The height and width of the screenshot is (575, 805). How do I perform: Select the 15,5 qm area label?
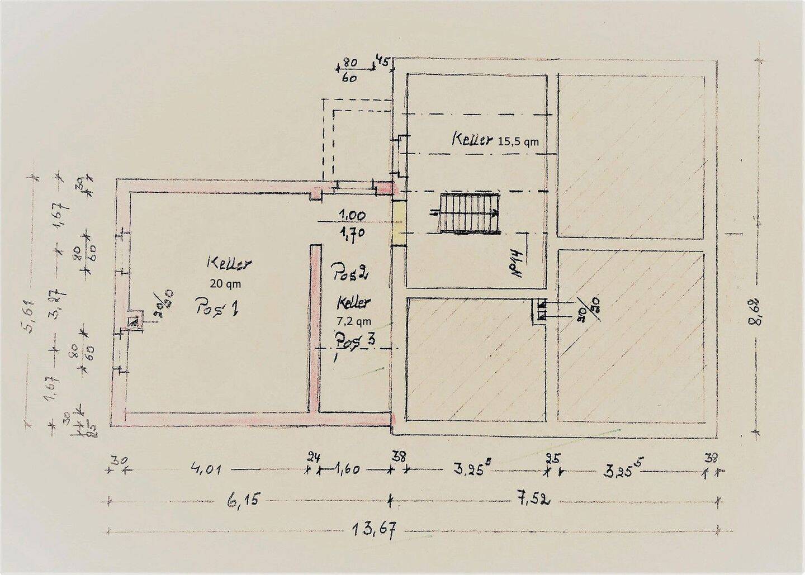pos(518,141)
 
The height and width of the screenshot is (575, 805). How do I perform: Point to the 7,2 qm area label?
pos(353,321)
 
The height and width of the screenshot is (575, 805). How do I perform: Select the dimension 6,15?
pos(244,498)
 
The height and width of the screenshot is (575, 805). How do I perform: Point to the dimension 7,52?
pos(531,498)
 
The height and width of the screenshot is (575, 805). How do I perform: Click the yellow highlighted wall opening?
pos(399,222)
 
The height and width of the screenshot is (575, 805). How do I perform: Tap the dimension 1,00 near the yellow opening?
pos(351,214)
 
